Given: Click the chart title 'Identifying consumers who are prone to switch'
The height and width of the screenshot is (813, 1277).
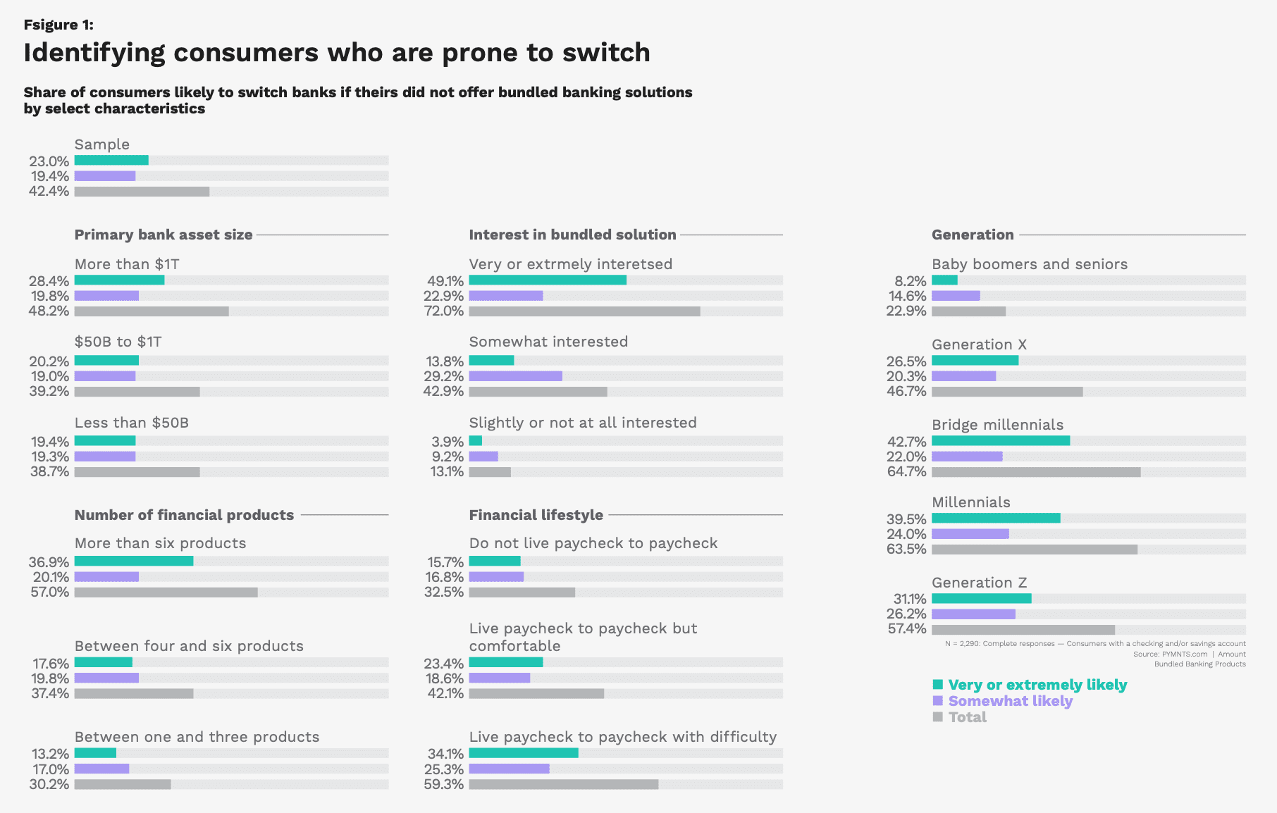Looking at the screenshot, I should (x=337, y=53).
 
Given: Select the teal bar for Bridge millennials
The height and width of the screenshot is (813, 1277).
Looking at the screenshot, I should (x=1000, y=441).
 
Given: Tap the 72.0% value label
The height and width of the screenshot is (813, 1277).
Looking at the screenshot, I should (x=444, y=311).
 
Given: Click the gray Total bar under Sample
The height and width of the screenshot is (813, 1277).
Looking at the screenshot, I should (x=142, y=192).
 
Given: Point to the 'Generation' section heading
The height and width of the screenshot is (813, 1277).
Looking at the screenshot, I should (x=973, y=235).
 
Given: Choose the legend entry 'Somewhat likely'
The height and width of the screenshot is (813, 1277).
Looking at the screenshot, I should (x=1010, y=701).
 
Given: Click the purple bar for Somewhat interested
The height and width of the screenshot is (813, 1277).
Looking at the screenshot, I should (x=515, y=376).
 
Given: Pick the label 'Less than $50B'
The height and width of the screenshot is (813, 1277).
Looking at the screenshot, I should (x=132, y=423).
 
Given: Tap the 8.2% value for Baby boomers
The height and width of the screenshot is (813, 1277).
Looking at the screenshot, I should (x=911, y=281).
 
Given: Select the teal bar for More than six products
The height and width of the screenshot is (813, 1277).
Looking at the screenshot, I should (x=134, y=561).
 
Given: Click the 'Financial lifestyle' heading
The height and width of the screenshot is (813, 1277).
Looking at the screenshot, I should (x=536, y=515).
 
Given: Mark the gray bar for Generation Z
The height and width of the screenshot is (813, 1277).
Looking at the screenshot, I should (x=1023, y=630).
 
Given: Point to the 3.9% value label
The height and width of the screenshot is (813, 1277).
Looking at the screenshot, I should (x=448, y=442).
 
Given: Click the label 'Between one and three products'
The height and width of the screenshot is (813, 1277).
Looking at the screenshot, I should (x=197, y=737).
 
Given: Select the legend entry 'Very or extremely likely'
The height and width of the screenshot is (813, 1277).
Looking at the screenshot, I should (x=1037, y=685).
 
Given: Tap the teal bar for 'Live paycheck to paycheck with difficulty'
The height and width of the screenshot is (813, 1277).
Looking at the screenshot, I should (x=524, y=753).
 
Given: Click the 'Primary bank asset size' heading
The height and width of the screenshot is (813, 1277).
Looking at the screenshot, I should (x=164, y=235).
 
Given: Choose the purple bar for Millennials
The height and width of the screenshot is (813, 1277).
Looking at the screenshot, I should (x=970, y=534).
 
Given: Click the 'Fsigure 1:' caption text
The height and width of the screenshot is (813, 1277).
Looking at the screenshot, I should (x=58, y=25).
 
